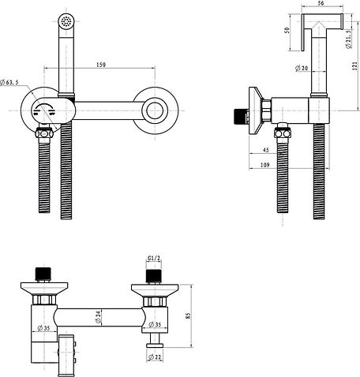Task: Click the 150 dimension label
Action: pos(101,65)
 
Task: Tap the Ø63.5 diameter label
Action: pos(9,82)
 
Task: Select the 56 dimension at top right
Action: pos(321,3)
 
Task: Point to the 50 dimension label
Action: pos(287,30)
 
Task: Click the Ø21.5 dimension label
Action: pos(348,39)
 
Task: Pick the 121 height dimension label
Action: pos(355,65)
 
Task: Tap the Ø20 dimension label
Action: pos(302,68)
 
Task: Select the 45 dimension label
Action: pos(266,150)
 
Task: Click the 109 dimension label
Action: pos(265,165)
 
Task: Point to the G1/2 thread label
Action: pos(154,258)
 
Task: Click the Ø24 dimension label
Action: pos(98,317)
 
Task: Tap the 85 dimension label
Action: pos(188,315)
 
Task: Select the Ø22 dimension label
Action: pos(155,356)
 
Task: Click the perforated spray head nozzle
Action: pos(66,21)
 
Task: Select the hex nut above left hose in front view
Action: pos(44,133)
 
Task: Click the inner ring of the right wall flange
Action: pos(155,110)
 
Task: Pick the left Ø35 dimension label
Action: pos(43,328)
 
